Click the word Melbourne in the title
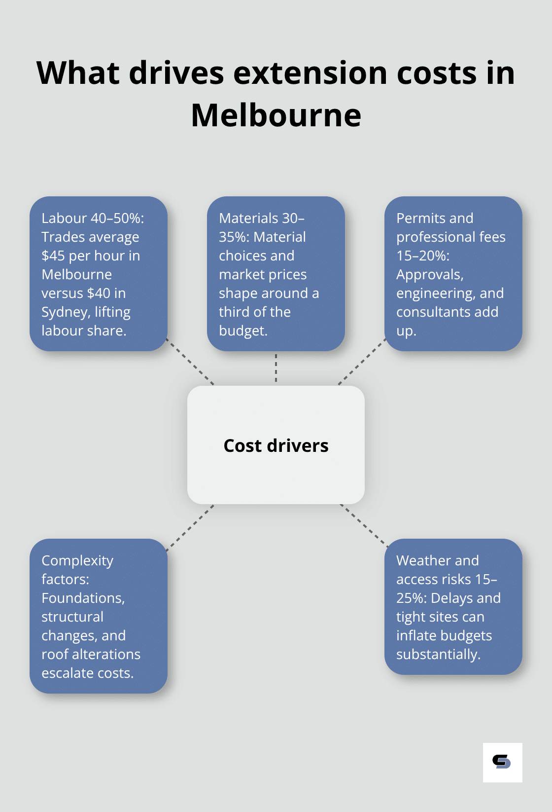[x=276, y=115]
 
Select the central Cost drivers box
[x=276, y=445]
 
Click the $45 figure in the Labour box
[x=53, y=256]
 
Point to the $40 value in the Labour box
[x=97, y=293]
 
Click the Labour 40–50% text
[x=93, y=218]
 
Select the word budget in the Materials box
[x=241, y=331]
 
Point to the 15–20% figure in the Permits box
[x=422, y=256]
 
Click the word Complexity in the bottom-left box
[x=77, y=560]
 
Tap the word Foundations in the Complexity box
[x=82, y=598]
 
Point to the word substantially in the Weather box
[x=438, y=654]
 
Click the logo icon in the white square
[x=502, y=762]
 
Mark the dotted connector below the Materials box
[x=276, y=368]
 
